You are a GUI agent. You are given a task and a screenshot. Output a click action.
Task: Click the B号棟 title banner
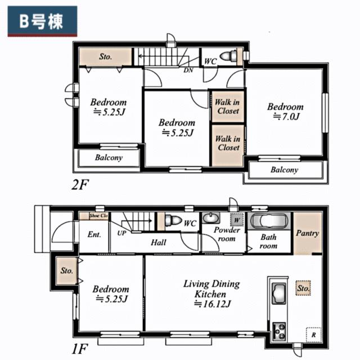tap(43, 21)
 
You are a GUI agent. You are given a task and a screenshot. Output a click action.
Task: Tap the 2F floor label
tap(80, 184)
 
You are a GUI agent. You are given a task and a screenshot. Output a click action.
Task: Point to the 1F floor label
tap(80, 349)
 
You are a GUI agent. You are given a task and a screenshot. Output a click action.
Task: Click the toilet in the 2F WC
tap(228, 56)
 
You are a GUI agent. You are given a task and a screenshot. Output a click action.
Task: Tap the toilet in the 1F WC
tap(173, 220)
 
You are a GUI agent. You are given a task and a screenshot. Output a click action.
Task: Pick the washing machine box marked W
tap(236, 220)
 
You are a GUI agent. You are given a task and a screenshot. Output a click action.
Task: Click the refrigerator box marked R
tap(313, 335)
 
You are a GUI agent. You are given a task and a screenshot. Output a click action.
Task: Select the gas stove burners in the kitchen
tap(279, 331)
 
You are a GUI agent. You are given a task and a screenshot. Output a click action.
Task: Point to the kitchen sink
tap(279, 294)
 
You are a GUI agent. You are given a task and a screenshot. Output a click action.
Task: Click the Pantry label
tap(308, 233)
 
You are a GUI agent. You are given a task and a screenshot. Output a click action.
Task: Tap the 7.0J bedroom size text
tap(286, 117)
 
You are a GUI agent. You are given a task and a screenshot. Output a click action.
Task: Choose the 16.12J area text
tap(213, 304)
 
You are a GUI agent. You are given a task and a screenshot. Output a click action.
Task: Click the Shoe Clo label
tap(98, 216)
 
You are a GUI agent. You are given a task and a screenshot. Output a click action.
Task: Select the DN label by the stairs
tap(188, 70)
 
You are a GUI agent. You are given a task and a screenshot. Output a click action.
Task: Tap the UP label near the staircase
tap(121, 233)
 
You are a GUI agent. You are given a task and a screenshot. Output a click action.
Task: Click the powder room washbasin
tap(210, 218)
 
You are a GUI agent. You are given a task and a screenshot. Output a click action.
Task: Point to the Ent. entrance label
tap(94, 235)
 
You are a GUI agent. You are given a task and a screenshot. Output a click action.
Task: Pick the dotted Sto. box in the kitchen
tap(303, 288)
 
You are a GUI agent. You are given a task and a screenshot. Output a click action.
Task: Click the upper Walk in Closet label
tap(227, 106)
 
